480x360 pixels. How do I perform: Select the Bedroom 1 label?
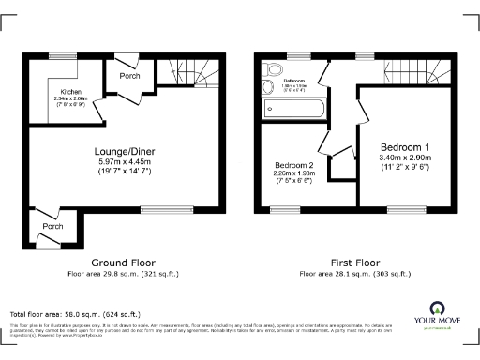tap(406, 147)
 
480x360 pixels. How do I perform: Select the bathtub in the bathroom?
tap(294, 109)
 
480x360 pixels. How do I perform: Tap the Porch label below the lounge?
tap(53, 226)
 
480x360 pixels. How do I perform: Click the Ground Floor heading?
tap(123, 262)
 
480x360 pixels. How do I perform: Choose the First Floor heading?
tap(354, 262)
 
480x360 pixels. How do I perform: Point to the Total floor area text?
tap(75, 313)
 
